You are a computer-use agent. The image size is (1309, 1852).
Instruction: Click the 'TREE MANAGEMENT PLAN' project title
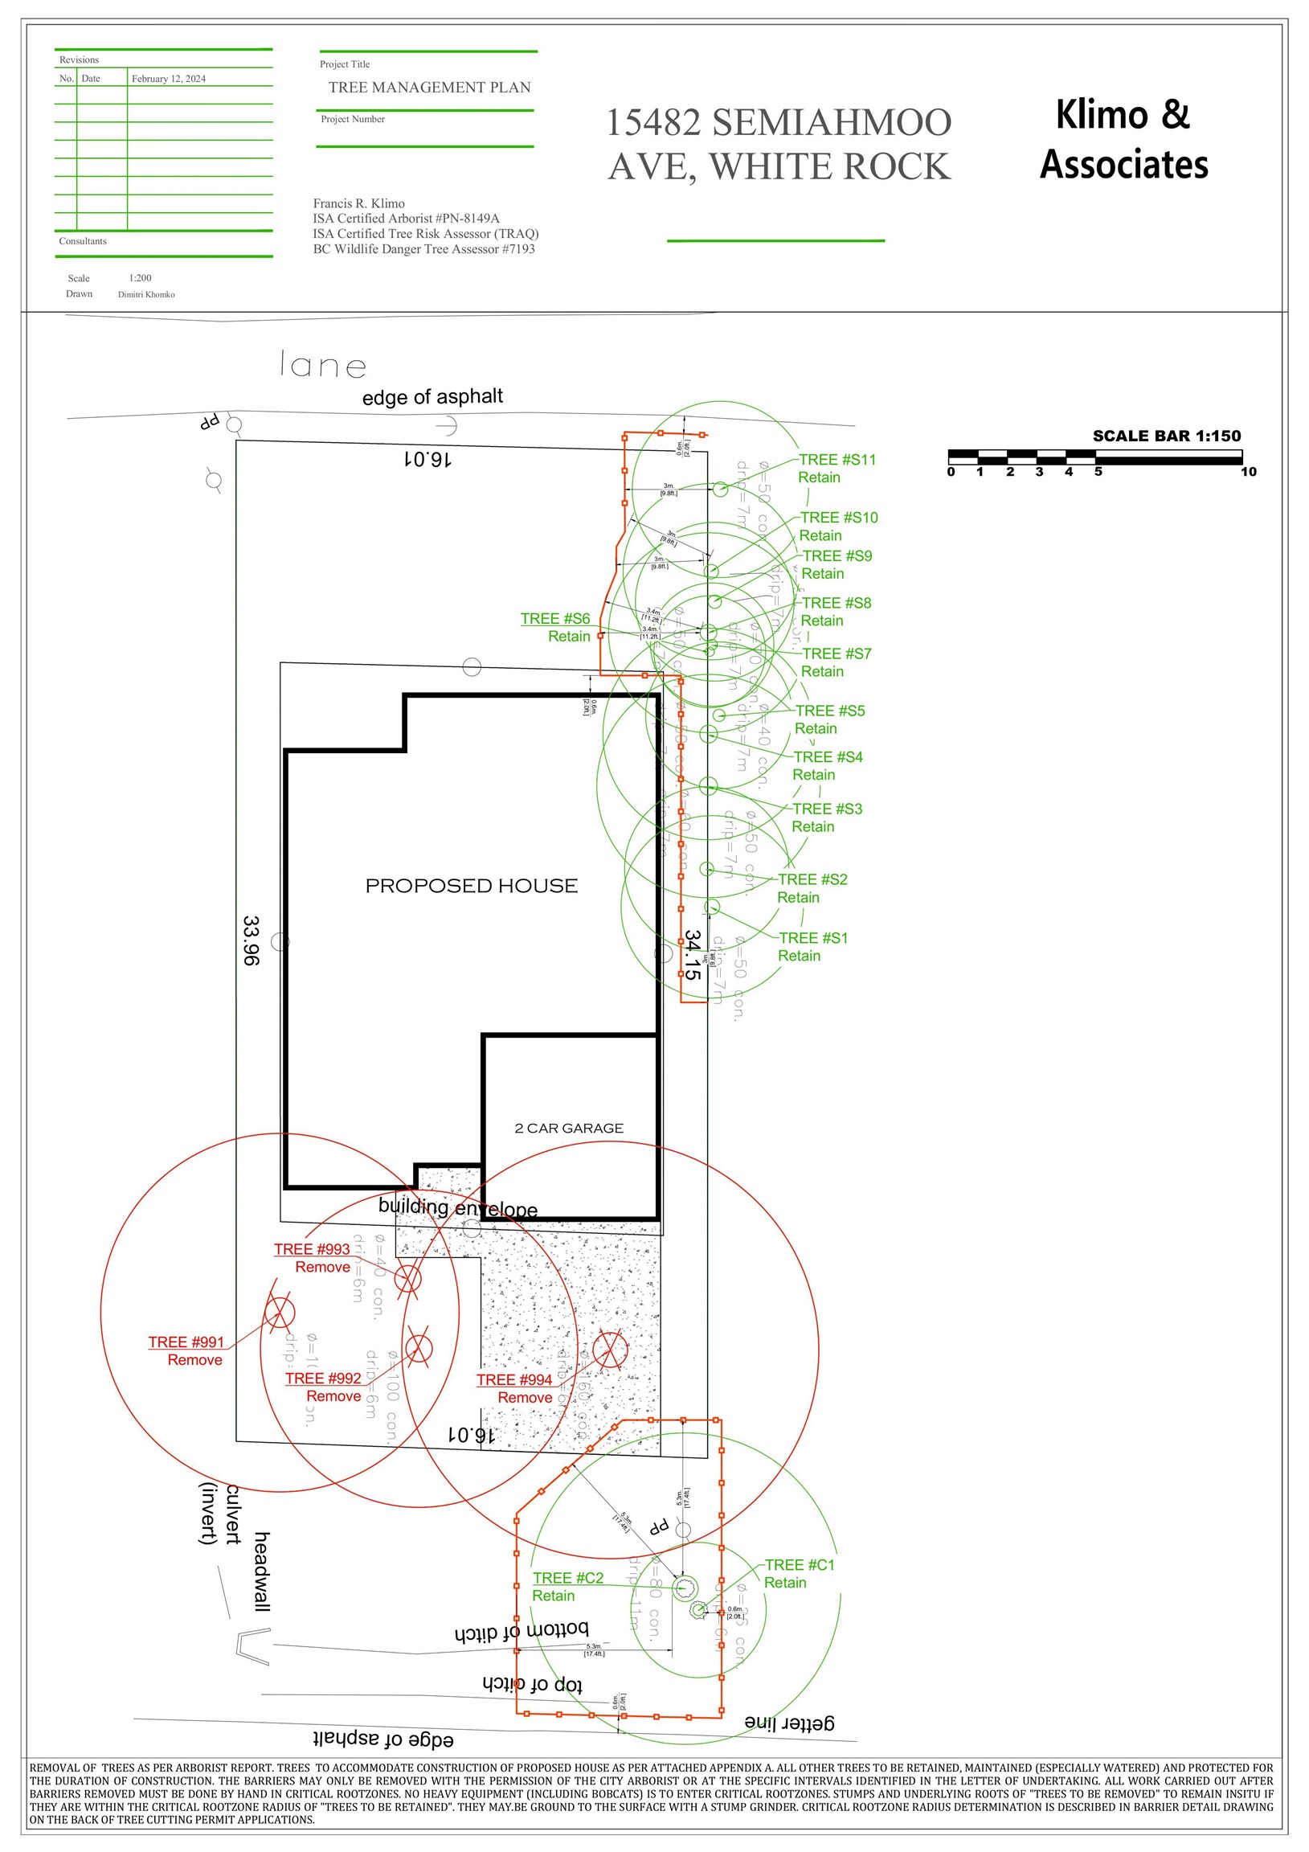click(x=429, y=87)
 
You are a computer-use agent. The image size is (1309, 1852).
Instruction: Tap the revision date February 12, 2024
click(x=169, y=79)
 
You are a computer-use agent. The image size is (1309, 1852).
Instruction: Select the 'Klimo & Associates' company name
click(x=1123, y=139)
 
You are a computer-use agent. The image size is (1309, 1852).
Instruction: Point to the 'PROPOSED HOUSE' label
click(x=471, y=886)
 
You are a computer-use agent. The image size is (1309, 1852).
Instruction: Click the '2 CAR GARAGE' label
click(x=569, y=1128)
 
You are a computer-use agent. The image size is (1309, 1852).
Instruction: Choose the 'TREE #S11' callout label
click(x=837, y=460)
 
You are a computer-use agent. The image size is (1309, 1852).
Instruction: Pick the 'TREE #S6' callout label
click(x=555, y=619)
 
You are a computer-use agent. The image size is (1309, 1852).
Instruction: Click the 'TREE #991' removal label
click(x=186, y=1342)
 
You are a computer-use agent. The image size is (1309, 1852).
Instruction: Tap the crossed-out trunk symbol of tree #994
click(x=610, y=1349)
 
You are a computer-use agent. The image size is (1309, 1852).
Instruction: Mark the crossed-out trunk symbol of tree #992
click(x=419, y=1347)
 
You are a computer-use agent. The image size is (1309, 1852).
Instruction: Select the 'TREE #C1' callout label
click(x=800, y=1565)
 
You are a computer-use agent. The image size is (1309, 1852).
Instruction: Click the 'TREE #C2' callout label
click(x=568, y=1578)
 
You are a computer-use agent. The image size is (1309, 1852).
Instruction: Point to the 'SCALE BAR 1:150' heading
click(x=1166, y=436)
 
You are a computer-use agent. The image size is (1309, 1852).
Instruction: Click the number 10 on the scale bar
click(x=1248, y=472)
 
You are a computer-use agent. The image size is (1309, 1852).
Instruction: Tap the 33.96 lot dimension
click(x=251, y=940)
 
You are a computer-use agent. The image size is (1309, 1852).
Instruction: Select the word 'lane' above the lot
click(x=322, y=366)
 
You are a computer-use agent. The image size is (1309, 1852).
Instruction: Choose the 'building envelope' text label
click(x=457, y=1207)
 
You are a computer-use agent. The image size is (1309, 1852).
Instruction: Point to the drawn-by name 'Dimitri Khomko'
click(x=146, y=294)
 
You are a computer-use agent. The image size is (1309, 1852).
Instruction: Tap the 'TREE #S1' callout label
click(x=813, y=938)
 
